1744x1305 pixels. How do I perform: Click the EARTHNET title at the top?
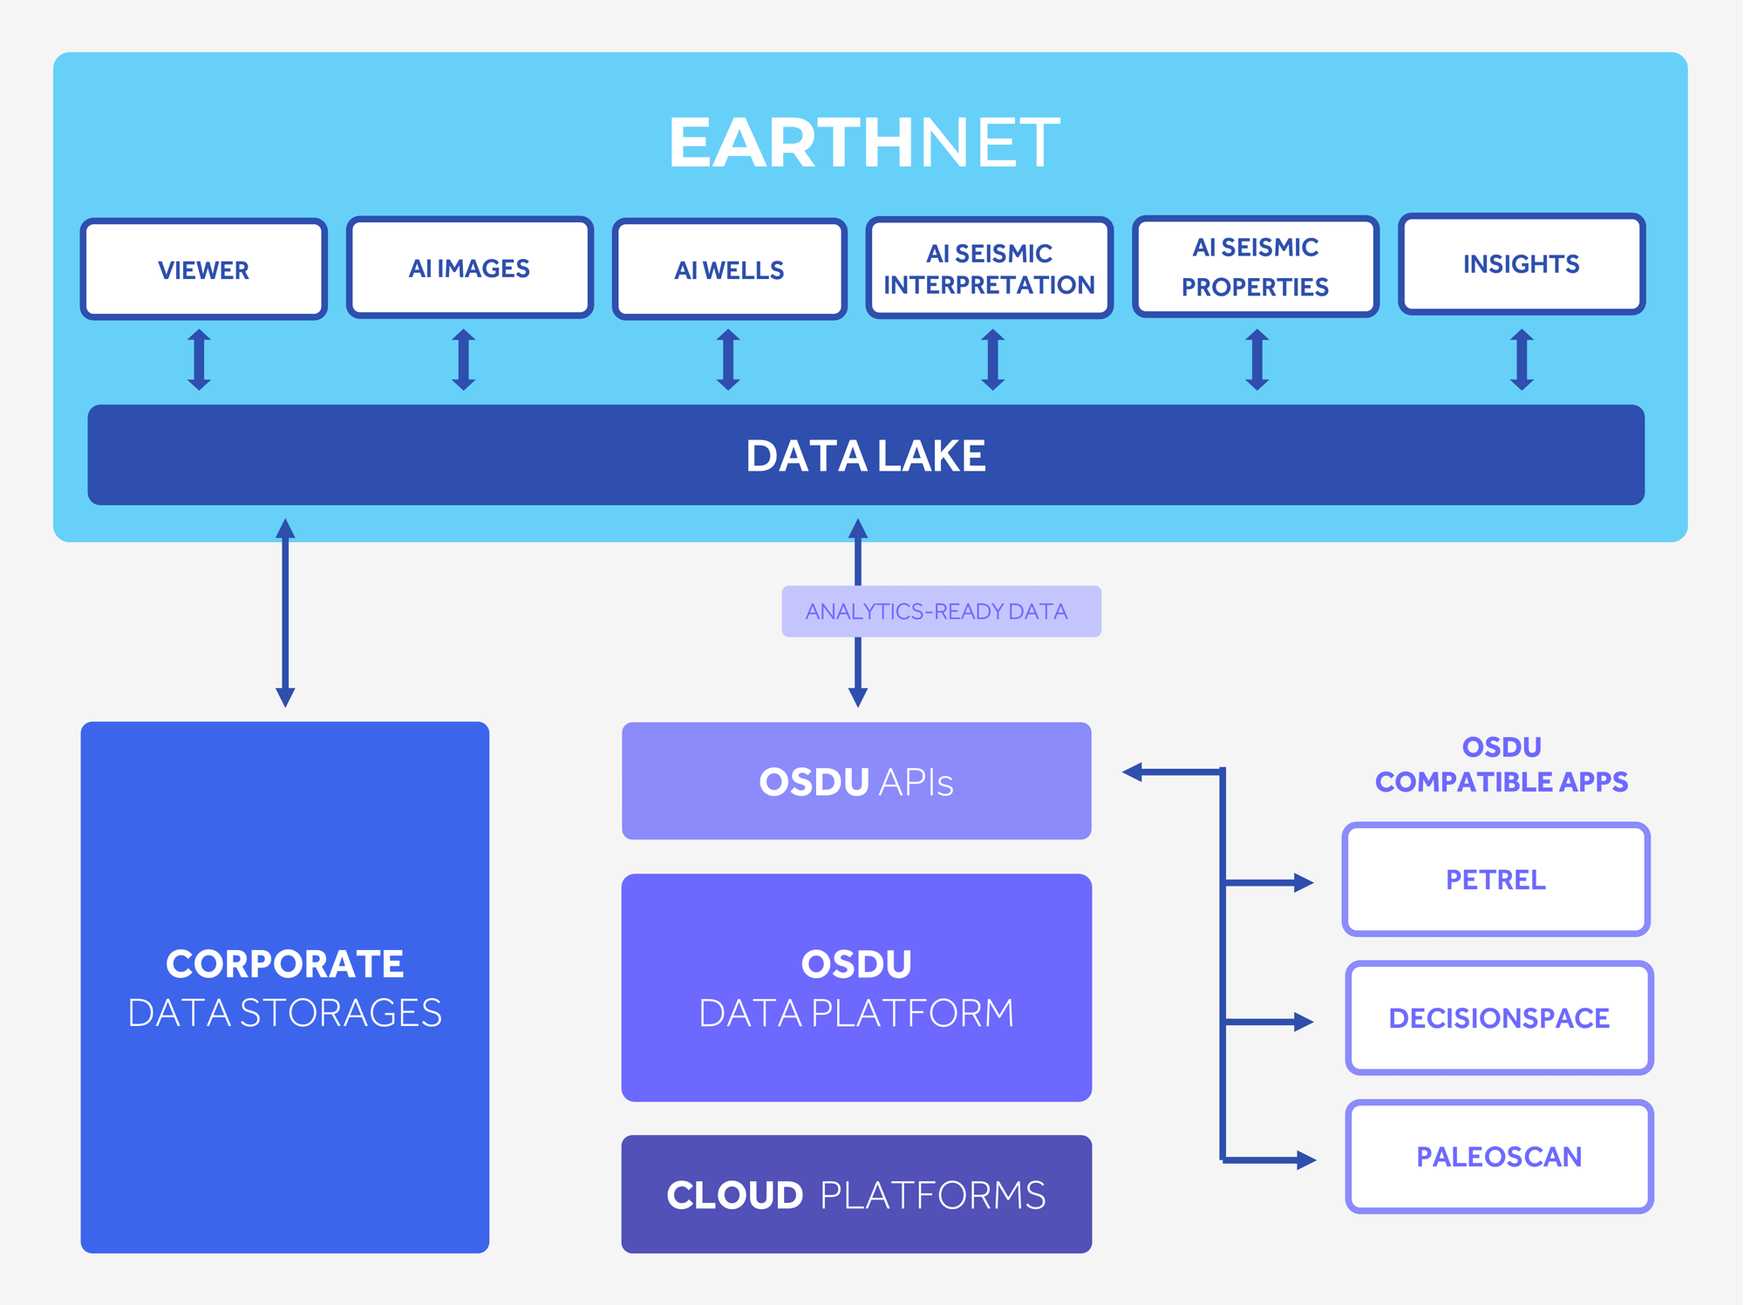click(x=863, y=143)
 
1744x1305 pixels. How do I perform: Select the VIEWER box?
click(x=203, y=269)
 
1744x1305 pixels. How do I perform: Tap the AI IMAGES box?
click(x=469, y=268)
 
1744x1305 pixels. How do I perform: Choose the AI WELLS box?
click(x=729, y=269)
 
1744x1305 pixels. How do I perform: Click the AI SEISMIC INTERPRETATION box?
click(x=989, y=268)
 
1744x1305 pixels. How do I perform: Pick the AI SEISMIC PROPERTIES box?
click(x=1255, y=267)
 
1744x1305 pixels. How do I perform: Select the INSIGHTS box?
click(x=1521, y=264)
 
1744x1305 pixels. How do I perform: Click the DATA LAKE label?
click(x=866, y=456)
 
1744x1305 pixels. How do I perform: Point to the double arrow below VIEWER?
click(x=199, y=359)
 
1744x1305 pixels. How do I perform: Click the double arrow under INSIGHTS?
click(x=1522, y=359)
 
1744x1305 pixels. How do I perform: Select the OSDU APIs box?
click(x=856, y=781)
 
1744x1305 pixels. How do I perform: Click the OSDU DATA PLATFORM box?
click(x=856, y=988)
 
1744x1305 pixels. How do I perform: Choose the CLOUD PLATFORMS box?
click(x=856, y=1194)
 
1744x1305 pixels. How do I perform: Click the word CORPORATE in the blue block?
click(x=284, y=964)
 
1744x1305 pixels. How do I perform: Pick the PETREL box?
click(x=1495, y=880)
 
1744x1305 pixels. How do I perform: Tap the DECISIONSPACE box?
click(x=1498, y=1018)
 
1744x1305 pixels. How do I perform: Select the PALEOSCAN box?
click(x=1498, y=1157)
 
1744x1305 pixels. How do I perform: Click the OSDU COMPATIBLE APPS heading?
click(x=1501, y=765)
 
